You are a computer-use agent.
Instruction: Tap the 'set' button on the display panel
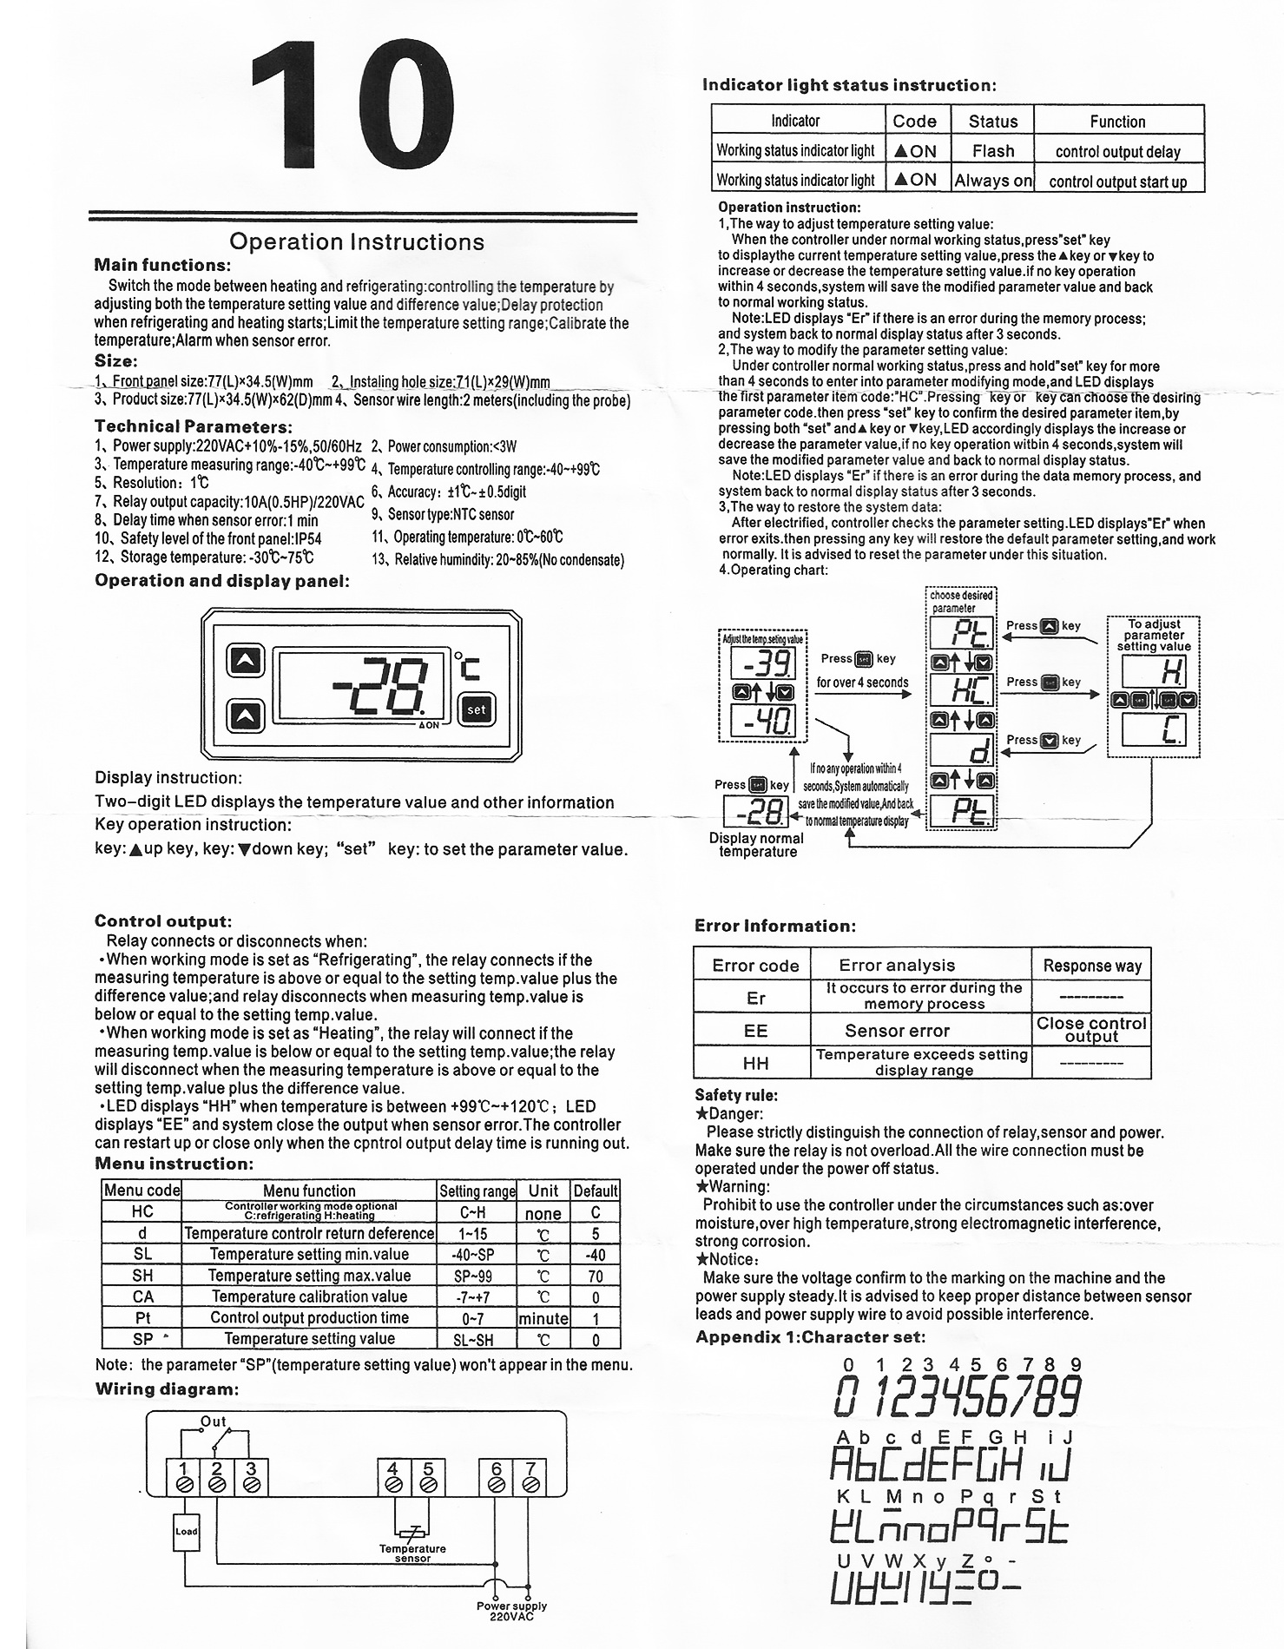point(477,709)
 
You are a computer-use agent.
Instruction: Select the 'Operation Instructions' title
point(357,241)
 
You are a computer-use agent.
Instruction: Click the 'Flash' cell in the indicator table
point(993,151)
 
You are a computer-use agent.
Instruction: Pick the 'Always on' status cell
point(993,181)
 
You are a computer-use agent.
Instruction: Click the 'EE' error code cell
point(755,1031)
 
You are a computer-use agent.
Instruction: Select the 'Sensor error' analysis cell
point(897,1031)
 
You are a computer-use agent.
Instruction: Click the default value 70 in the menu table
point(596,1276)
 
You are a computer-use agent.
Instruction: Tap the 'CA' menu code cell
point(142,1296)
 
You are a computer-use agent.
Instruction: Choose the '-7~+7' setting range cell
point(477,1296)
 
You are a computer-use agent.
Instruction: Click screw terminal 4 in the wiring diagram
point(393,1477)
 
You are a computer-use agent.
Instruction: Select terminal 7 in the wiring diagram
point(530,1477)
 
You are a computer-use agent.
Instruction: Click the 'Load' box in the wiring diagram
point(186,1531)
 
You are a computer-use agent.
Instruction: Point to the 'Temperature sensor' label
point(412,1553)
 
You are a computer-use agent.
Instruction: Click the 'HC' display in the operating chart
point(961,690)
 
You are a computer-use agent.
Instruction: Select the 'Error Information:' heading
point(774,926)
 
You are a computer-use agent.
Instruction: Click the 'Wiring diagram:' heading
point(166,1388)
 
